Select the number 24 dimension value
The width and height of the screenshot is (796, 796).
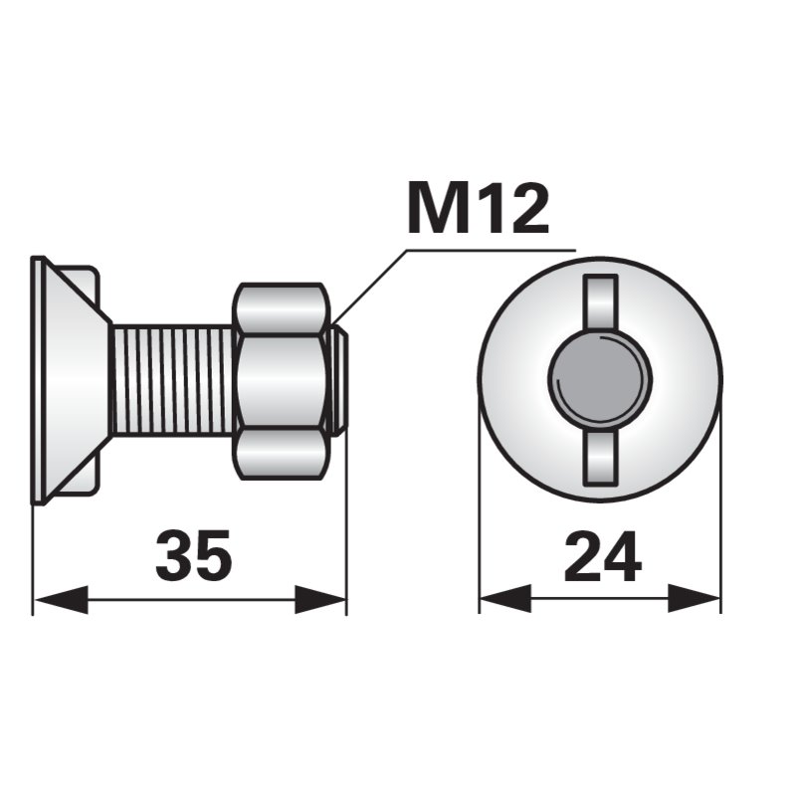(602, 557)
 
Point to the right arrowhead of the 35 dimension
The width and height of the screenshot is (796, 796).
(320, 600)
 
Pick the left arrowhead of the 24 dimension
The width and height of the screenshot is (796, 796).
(505, 599)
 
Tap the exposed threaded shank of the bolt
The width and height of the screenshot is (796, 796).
(174, 380)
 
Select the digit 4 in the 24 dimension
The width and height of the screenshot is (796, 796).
(622, 557)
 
